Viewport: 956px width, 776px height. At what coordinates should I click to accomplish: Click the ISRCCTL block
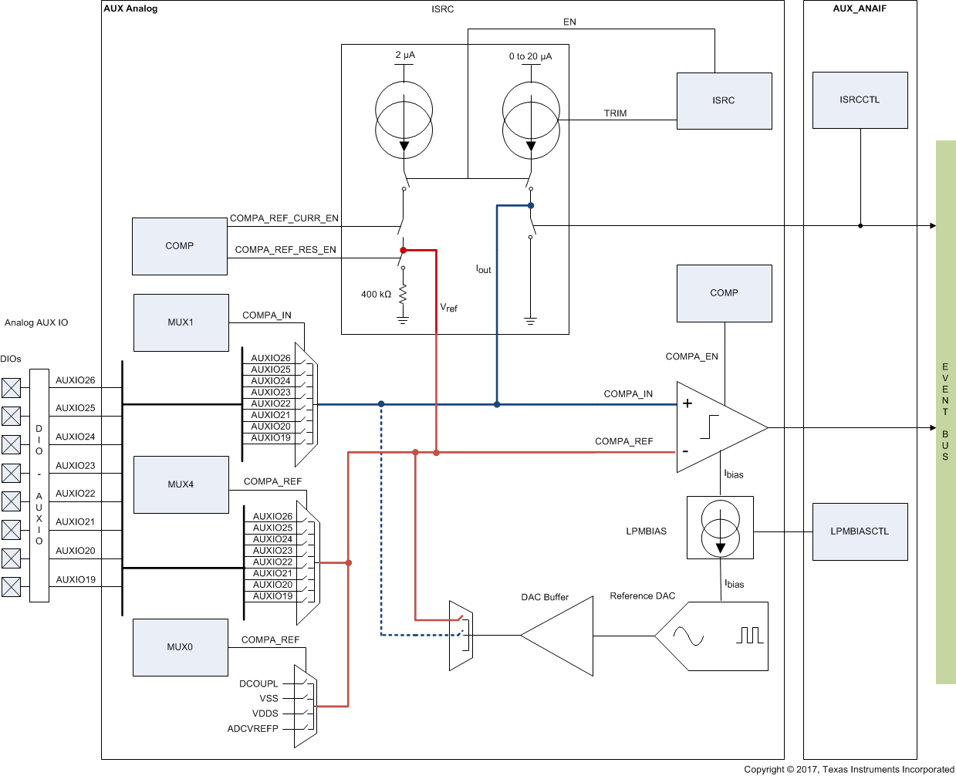pyautogui.click(x=860, y=100)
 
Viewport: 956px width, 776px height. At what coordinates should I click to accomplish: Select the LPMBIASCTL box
pyautogui.click(x=860, y=531)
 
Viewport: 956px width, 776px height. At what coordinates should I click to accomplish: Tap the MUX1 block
pyautogui.click(x=181, y=322)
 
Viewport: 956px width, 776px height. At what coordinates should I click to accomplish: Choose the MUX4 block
pyautogui.click(x=181, y=484)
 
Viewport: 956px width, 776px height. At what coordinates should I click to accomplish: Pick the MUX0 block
pyautogui.click(x=181, y=647)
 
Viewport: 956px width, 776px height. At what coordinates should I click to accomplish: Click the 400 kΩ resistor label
pyautogui.click(x=376, y=294)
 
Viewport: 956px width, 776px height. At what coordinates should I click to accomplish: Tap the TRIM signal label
pyautogui.click(x=615, y=113)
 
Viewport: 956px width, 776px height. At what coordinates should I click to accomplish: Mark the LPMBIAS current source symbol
pyautogui.click(x=720, y=528)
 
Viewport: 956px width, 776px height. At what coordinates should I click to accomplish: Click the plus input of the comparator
pyautogui.click(x=687, y=403)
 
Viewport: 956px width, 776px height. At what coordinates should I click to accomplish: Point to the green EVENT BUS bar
pyautogui.click(x=945, y=412)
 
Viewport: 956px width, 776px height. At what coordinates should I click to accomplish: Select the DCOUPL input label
pyautogui.click(x=258, y=683)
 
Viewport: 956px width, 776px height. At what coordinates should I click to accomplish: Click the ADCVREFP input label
pyautogui.click(x=252, y=728)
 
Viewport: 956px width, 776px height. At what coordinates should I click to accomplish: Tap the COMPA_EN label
pyautogui.click(x=691, y=356)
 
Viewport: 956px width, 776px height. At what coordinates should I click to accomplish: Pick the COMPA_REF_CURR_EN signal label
pyautogui.click(x=284, y=218)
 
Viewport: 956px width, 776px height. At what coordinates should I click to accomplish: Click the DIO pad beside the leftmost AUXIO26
pyautogui.click(x=11, y=387)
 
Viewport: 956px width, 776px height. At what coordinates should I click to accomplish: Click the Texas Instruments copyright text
pyautogui.click(x=849, y=769)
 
